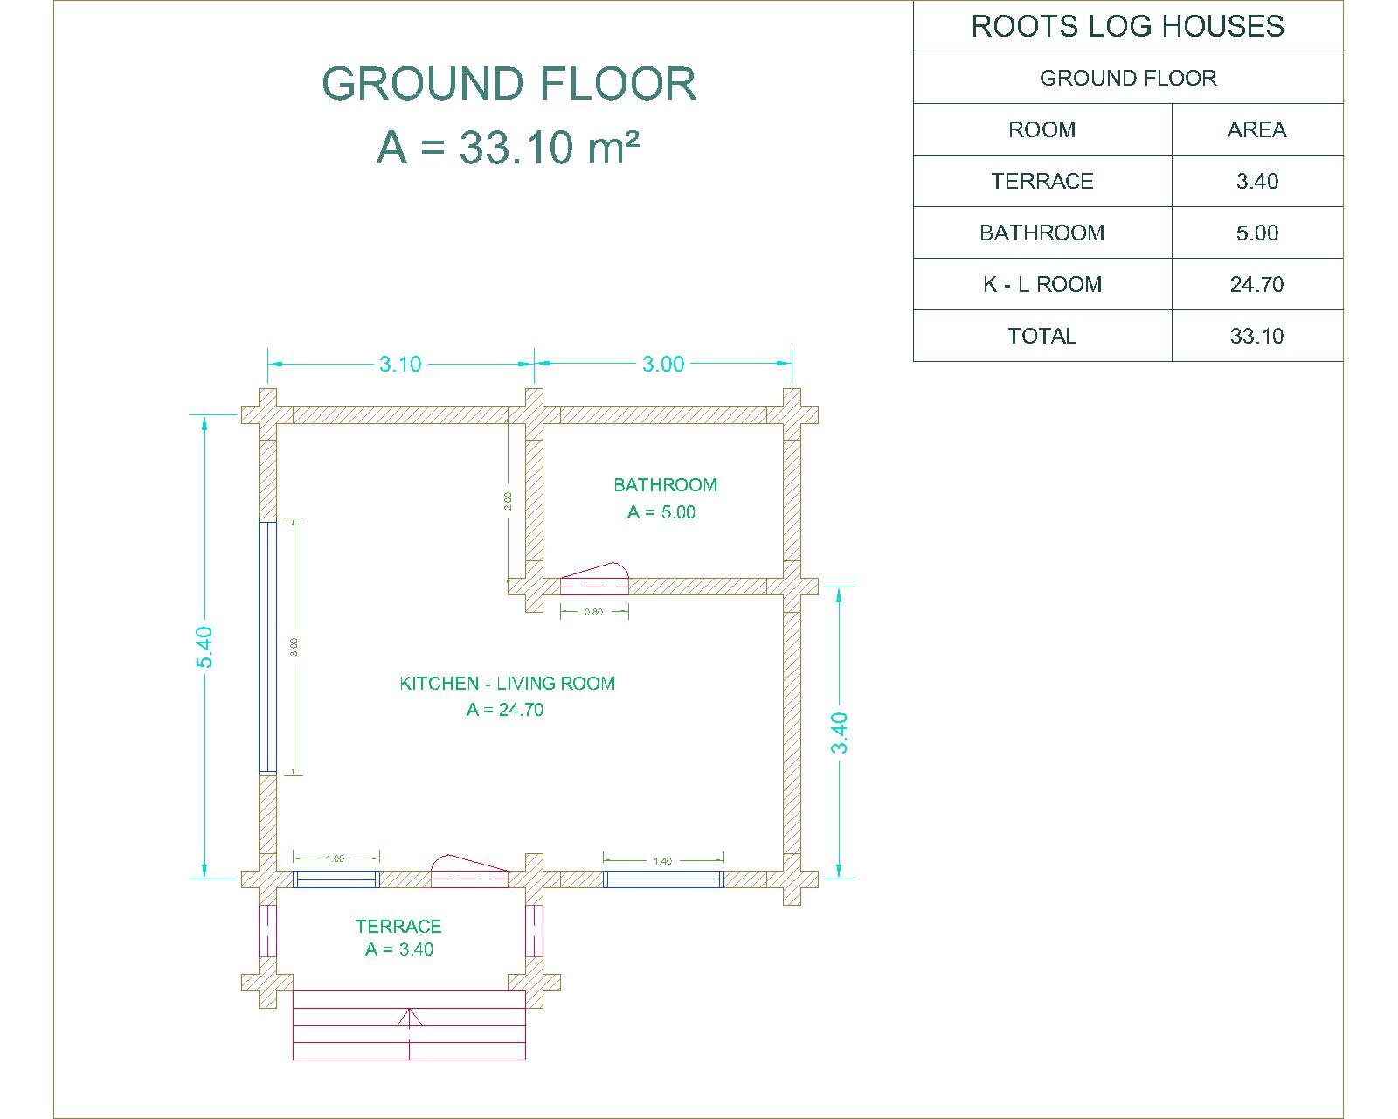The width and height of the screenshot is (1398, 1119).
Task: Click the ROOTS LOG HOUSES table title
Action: pos(1127,26)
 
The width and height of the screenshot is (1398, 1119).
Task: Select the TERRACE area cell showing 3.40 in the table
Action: pos(1257,182)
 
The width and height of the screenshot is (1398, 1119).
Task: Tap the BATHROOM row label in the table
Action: pos(1042,233)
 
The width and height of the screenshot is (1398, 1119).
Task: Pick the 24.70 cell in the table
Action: pos(1257,284)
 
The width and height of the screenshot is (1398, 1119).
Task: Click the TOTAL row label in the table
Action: pos(1042,337)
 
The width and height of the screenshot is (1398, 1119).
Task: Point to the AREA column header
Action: pos(1257,130)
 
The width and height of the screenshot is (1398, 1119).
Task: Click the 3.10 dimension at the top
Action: pos(400,365)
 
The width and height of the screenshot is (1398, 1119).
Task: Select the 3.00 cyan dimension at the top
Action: pos(663,365)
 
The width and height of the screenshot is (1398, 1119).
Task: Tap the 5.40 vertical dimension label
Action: pos(204,648)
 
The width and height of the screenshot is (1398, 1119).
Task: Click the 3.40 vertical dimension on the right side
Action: pos(840,733)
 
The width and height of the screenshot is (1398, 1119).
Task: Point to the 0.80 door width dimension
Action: pos(594,612)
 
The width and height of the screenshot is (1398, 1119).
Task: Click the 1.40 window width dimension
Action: pos(662,861)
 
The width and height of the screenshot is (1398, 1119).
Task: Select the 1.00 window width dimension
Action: pos(336,858)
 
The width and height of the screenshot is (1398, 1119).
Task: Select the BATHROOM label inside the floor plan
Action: pos(665,485)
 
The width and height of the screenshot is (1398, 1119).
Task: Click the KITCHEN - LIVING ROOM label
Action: pos(508,684)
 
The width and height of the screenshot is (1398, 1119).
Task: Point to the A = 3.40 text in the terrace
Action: pos(399,949)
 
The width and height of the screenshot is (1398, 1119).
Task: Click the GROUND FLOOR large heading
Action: pos(509,84)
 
